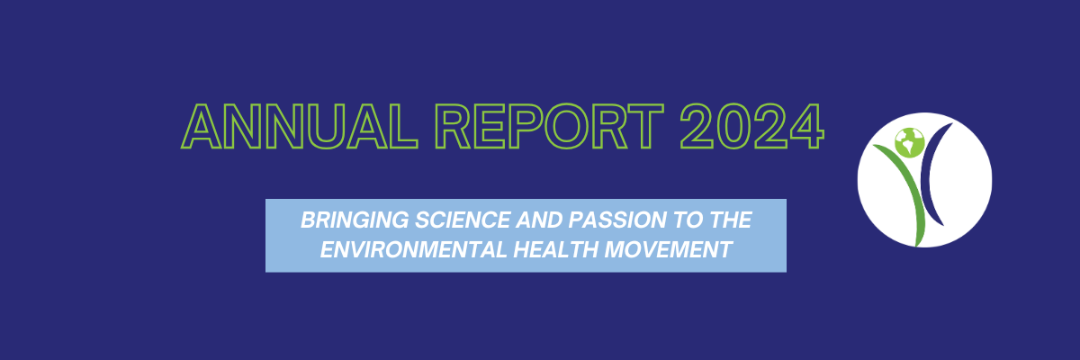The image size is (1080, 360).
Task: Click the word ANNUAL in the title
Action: [300, 127]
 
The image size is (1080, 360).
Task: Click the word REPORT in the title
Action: [550, 127]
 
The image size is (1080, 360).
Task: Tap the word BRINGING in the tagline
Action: [355, 220]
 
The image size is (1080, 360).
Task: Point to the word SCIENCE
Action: [463, 220]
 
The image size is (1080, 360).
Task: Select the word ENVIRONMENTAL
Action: [413, 249]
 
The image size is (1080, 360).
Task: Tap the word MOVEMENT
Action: [669, 249]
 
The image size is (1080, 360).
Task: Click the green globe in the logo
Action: [910, 142]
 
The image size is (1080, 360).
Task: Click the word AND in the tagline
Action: [539, 220]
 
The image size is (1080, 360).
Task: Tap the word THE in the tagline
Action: [731, 220]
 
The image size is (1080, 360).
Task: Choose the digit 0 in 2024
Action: [733, 127]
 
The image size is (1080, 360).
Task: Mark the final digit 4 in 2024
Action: [806, 127]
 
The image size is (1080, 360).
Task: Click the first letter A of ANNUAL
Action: [202, 127]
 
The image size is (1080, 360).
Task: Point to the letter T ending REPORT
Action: [646, 127]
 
